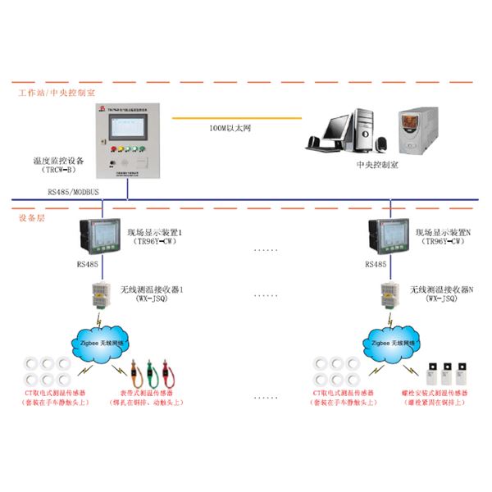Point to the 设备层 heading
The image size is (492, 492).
[x=32, y=217]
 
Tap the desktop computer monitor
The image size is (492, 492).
[x=338, y=128]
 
